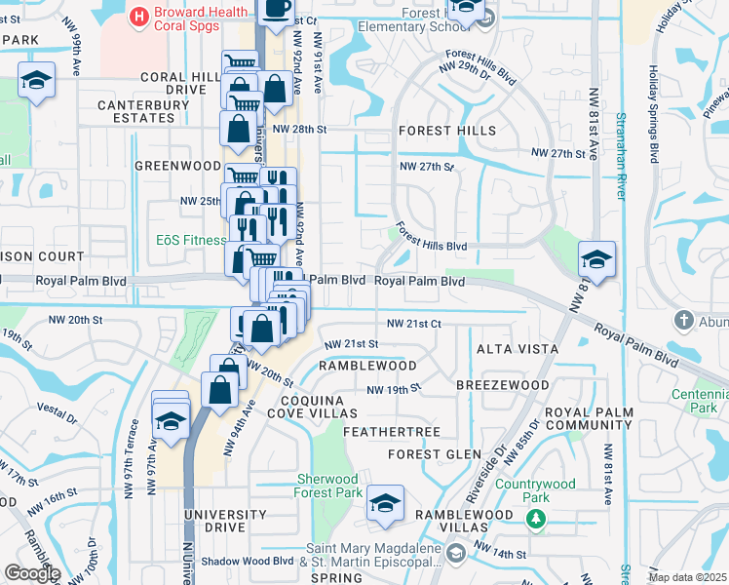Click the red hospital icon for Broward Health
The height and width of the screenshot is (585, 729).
[x=139, y=15]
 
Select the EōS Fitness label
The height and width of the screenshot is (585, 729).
[x=190, y=239]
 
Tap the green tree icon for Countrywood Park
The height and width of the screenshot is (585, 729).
[x=534, y=516]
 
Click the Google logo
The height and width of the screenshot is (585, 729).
[x=31, y=573]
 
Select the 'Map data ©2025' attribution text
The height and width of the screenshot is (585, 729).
[x=688, y=577]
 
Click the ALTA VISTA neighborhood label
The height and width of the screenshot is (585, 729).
[x=517, y=349]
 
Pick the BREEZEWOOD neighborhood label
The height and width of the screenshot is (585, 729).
[x=503, y=385]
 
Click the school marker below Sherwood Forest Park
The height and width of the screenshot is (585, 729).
[x=386, y=504]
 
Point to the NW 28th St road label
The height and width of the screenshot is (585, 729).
[x=298, y=129]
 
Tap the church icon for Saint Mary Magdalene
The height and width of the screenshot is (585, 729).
[x=455, y=554]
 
